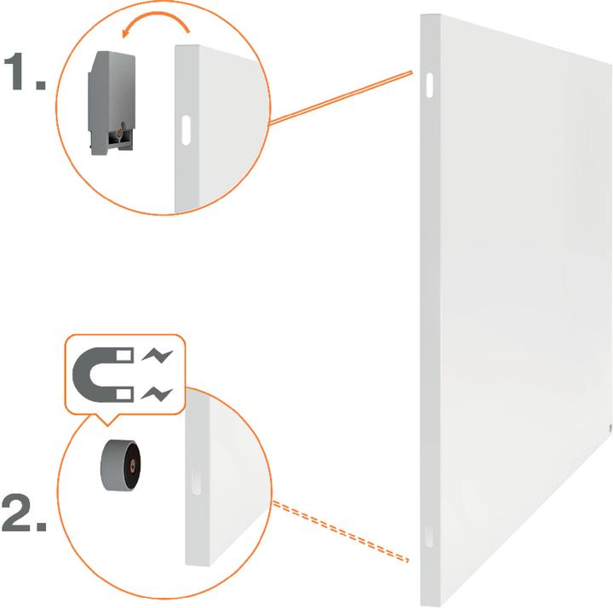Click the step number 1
(x=24, y=71)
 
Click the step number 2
(x=24, y=513)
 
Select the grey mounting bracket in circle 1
(x=112, y=102)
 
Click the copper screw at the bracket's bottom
(x=120, y=134)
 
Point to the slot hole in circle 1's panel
(x=186, y=130)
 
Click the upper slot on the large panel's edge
(x=429, y=85)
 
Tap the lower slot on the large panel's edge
(x=429, y=535)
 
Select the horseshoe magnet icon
(x=103, y=375)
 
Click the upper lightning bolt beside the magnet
(x=158, y=355)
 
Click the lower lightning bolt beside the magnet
(x=157, y=393)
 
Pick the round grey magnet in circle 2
(x=120, y=465)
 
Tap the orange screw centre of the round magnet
(x=132, y=465)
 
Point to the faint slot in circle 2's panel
(x=197, y=482)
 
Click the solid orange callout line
(x=341, y=98)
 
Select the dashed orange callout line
(x=341, y=531)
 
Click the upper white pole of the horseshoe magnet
(x=124, y=355)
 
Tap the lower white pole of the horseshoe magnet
(x=124, y=393)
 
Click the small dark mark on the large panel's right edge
(x=610, y=428)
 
